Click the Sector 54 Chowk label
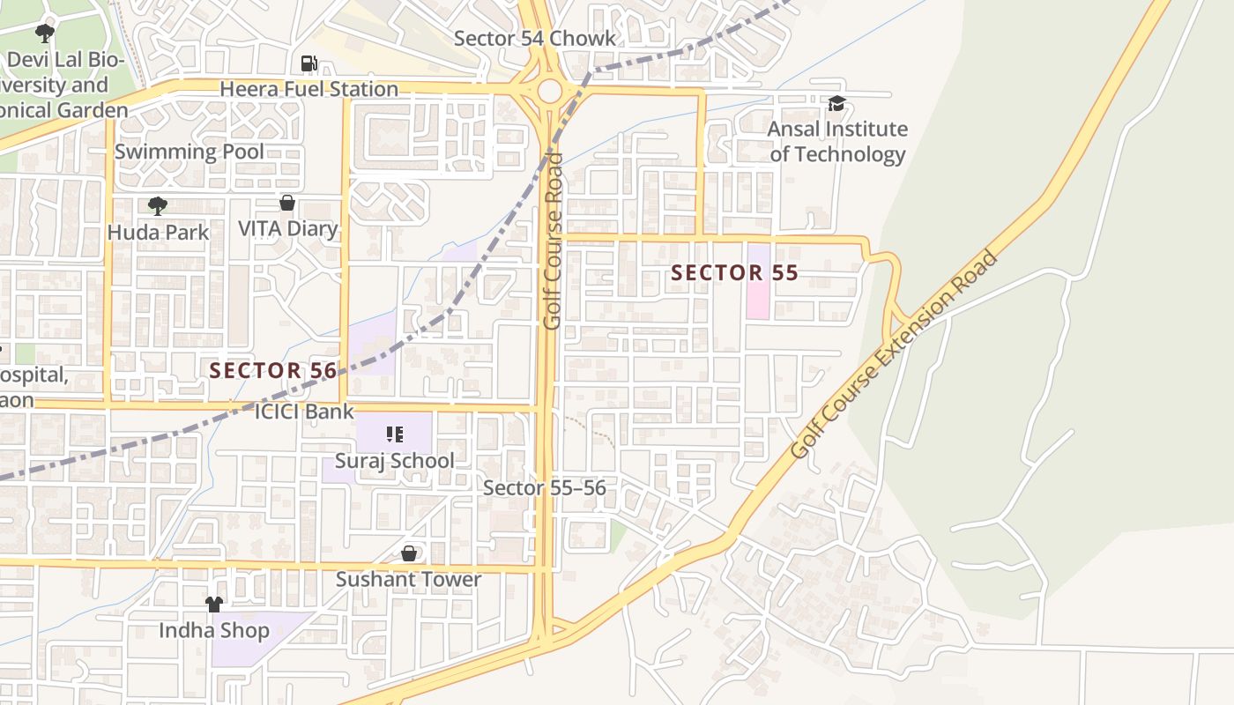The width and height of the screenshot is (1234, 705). tap(535, 39)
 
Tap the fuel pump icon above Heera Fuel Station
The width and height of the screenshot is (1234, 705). tap(308, 63)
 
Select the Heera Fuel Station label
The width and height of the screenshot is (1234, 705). tap(308, 89)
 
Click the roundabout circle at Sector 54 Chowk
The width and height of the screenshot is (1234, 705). tap(549, 90)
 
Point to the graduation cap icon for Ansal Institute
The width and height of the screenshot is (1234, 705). tap(836, 104)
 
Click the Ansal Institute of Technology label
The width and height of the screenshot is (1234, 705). tap(837, 142)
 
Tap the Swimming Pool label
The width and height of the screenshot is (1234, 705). tap(189, 152)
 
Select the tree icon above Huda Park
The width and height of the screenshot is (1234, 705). tap(158, 206)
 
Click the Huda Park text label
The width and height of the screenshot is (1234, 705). tap(159, 233)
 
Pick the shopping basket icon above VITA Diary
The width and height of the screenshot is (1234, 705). tap(286, 204)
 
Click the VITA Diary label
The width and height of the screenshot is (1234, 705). tap(288, 229)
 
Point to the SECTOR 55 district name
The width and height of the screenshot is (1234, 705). tap(734, 273)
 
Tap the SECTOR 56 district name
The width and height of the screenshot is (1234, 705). tap(273, 370)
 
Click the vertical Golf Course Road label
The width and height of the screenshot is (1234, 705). tap(553, 241)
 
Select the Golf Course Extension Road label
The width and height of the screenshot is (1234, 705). tap(894, 354)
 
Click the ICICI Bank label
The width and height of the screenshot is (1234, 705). tap(304, 412)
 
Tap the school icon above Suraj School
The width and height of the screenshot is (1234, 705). tap(395, 434)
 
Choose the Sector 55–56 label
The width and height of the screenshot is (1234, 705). tap(545, 488)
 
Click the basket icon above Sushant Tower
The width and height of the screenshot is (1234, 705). tap(409, 553)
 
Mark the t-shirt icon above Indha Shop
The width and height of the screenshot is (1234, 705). tap(214, 605)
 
